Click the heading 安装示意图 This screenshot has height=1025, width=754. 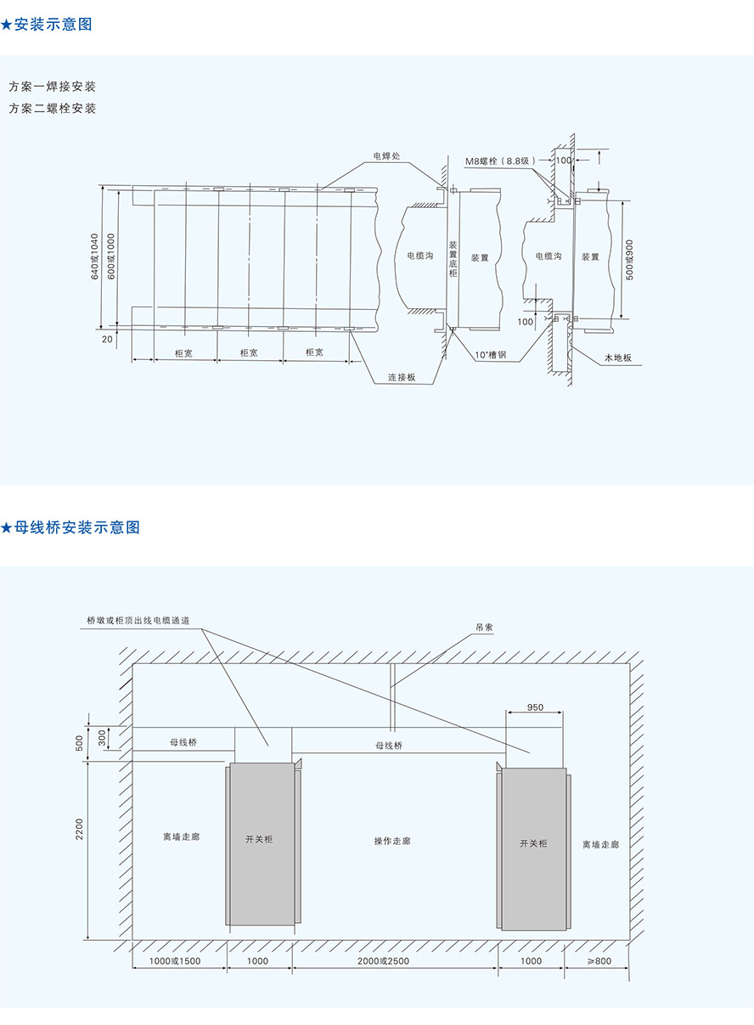click(53, 25)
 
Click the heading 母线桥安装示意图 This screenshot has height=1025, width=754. click(77, 527)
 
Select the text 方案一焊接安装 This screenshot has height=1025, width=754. click(52, 87)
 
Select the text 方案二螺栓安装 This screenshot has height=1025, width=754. click(52, 109)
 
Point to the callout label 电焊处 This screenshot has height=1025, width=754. click(386, 156)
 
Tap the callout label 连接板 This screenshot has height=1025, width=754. click(402, 377)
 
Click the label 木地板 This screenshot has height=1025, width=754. click(618, 358)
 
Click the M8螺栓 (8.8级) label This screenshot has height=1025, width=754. click(500, 161)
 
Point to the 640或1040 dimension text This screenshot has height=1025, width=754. click(94, 256)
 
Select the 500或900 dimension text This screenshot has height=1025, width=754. click(629, 260)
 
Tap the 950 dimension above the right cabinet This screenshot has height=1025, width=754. click(535, 707)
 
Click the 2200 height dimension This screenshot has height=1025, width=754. click(80, 829)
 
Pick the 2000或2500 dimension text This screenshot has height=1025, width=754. click(384, 961)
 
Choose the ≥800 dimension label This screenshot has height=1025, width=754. click(599, 961)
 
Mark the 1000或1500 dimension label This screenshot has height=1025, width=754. click(175, 961)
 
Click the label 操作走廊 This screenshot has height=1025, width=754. click(392, 841)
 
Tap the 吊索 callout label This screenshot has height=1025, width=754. click(484, 628)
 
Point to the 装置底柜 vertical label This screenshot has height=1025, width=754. click(453, 259)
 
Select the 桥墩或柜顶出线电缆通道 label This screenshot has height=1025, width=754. click(138, 621)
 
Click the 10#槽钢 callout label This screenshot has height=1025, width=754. click(491, 355)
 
